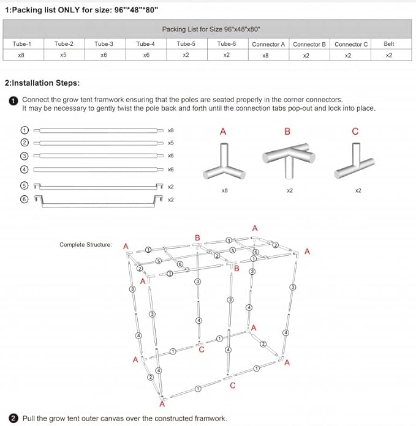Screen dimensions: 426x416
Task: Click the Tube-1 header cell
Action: click(21, 44)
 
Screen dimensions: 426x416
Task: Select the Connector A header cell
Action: click(268, 44)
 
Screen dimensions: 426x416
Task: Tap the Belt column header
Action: click(389, 44)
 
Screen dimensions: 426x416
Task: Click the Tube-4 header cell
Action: click(145, 44)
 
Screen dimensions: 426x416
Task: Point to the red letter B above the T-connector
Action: click(287, 132)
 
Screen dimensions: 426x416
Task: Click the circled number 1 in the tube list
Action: click(25, 130)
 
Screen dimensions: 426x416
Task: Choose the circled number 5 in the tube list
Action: click(25, 185)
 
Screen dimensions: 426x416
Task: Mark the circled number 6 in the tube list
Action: click(25, 199)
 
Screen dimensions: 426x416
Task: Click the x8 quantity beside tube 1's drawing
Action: click(171, 130)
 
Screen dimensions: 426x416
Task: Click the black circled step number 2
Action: click(13, 419)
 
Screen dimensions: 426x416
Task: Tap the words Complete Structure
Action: click(86, 245)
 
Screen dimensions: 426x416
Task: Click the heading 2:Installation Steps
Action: click(42, 83)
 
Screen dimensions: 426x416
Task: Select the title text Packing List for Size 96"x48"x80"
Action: click(207, 29)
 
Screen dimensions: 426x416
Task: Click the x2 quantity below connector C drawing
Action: click(358, 190)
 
